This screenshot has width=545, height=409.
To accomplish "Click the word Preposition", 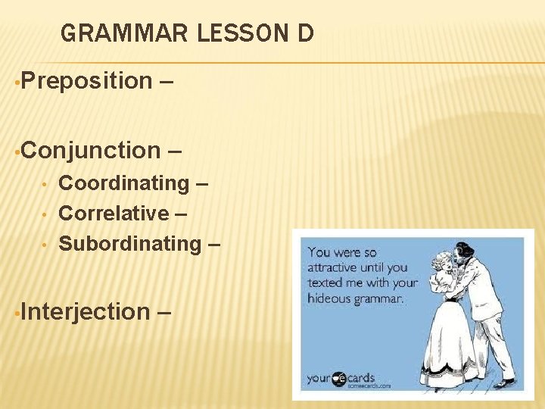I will pos(87,80).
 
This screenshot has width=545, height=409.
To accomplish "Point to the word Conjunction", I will pos(91,150).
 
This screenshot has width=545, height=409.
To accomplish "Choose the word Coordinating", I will pos(124,183).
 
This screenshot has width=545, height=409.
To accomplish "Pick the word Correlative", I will pos(114,214).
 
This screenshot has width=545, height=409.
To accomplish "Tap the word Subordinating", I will pos(129,244).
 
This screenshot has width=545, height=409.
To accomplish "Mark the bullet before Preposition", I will pos(17,81).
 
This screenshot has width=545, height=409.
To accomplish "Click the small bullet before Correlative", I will pos(46,214).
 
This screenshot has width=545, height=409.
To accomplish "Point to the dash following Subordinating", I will pos(214,244).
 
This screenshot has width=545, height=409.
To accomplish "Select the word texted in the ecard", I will pos(326,283).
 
